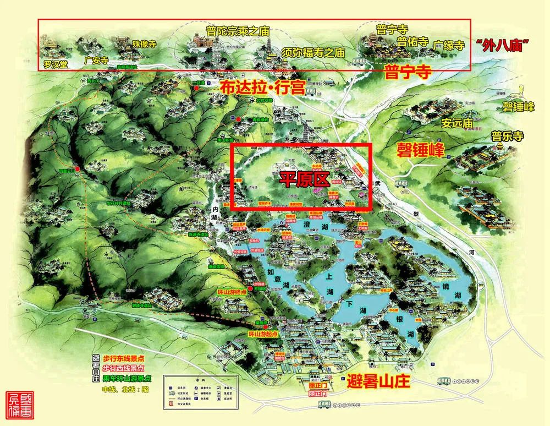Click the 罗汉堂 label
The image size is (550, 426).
click(x=56, y=64)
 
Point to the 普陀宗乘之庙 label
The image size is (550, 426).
click(x=237, y=30)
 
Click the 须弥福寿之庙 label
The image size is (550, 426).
click(x=312, y=53)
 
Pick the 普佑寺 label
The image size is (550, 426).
click(x=413, y=42)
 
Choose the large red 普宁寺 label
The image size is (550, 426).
click(x=406, y=72)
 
